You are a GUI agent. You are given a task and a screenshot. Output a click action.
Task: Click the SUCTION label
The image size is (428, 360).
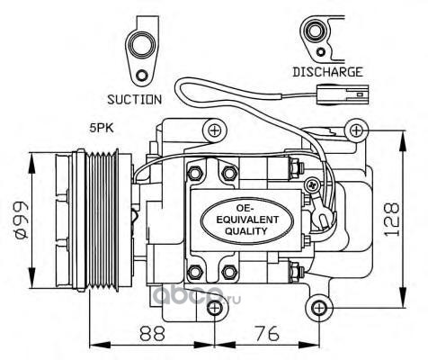135,100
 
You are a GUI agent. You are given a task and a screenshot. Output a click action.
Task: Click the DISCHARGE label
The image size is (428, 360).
327,72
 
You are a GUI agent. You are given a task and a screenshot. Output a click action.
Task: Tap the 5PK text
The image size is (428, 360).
102,129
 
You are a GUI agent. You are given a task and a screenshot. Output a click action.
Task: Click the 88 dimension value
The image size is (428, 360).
153,333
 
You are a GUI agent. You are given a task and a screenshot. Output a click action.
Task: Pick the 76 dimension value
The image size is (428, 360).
267,333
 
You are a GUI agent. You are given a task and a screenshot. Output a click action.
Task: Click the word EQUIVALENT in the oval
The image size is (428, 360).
247,220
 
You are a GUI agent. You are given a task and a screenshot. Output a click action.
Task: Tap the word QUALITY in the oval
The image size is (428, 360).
245,231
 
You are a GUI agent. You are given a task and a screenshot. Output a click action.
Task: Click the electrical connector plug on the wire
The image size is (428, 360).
343,95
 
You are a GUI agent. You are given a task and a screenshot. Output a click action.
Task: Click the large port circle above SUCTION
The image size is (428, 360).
140,45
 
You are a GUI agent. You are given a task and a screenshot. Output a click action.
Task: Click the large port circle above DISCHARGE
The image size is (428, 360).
315,31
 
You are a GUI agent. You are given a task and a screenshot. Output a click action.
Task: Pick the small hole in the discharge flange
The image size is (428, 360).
321,52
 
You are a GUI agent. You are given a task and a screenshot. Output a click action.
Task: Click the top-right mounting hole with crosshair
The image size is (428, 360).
356,130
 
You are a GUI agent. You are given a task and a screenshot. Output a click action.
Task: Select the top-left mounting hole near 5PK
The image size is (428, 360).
215,130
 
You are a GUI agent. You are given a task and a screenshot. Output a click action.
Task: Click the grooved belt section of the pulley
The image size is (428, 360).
102,220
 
